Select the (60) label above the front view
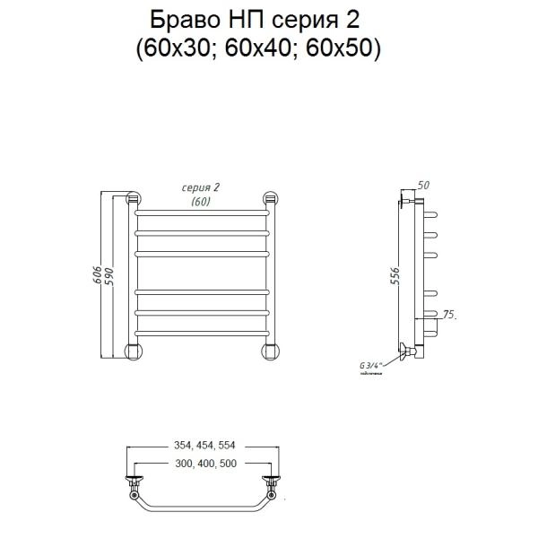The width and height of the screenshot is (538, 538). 201,202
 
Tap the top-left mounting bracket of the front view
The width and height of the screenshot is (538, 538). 134,200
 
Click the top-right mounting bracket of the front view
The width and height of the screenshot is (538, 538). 268,200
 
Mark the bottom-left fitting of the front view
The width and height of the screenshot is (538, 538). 134,349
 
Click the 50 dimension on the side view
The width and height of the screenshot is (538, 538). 424,185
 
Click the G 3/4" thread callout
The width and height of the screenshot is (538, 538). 370,366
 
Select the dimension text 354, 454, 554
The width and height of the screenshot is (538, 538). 201,445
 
